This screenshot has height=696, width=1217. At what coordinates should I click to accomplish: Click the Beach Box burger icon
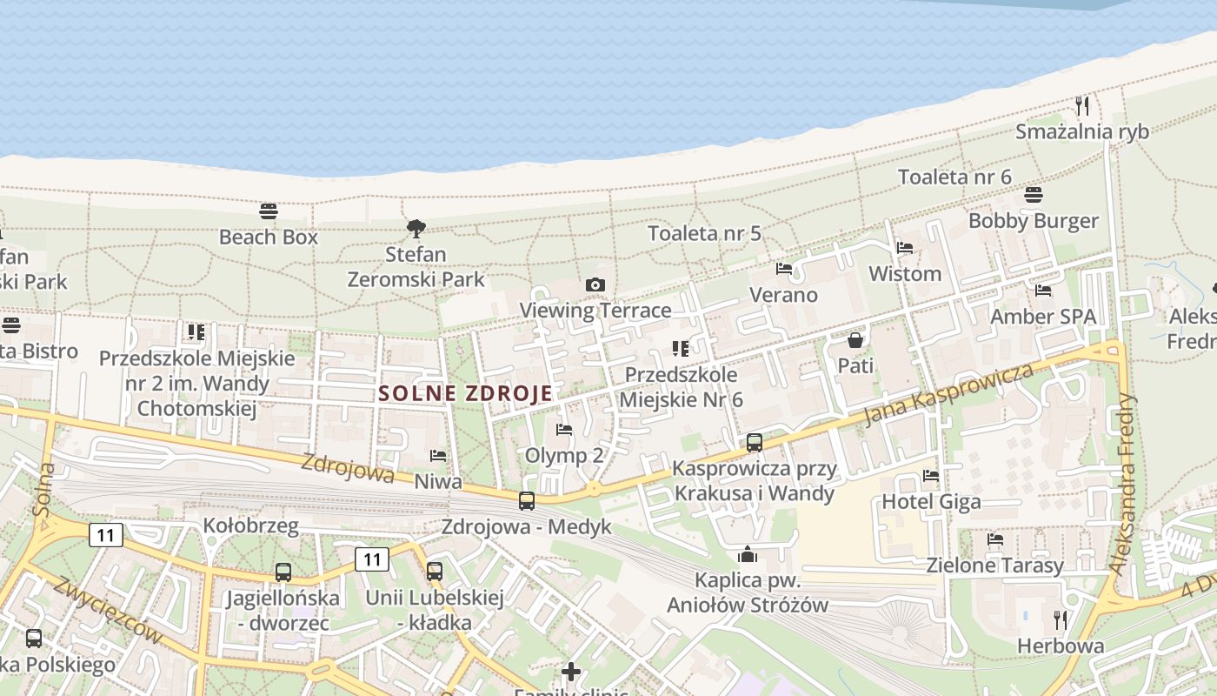269,211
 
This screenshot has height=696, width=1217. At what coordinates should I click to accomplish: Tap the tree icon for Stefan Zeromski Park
416,229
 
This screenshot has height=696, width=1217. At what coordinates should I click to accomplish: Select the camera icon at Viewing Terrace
595,284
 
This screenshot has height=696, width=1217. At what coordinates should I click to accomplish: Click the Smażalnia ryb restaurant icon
1082,106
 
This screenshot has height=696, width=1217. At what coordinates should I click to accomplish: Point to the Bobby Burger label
1034,221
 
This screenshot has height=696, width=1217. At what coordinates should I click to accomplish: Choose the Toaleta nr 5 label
704,233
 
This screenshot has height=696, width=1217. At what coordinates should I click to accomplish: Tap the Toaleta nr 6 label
954,177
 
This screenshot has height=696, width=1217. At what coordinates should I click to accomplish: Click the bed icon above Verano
784,269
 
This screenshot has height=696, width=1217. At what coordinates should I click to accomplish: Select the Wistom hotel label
905,274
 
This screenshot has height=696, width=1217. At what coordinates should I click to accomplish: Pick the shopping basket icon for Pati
855,339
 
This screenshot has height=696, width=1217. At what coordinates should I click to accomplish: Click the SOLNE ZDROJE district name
466,393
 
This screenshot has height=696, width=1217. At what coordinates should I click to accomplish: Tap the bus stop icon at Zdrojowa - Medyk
527,501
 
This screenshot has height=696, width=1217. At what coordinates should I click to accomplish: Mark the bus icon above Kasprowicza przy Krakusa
755,442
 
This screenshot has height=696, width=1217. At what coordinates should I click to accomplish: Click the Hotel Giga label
931,502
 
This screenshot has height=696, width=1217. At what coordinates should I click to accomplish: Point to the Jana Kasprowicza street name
949,394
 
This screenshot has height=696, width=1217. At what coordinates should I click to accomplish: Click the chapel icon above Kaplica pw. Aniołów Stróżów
748,554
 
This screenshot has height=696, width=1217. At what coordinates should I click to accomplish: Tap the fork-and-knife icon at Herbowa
1061,619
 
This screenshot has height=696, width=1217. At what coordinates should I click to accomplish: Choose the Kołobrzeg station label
250,526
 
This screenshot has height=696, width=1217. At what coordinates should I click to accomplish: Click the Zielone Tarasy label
994,565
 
